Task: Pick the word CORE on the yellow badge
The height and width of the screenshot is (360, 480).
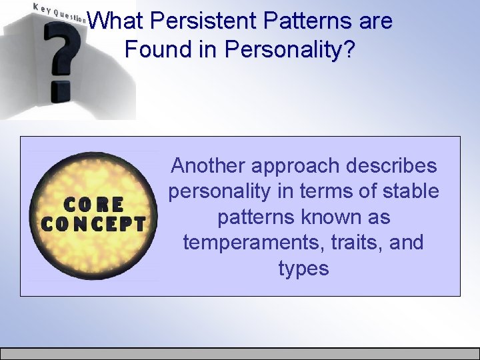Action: coord(93,204)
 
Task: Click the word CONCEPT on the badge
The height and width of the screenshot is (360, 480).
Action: coord(93,224)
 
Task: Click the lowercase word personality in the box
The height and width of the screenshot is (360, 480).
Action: coord(220,191)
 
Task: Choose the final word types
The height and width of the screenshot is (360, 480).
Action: coord(304,269)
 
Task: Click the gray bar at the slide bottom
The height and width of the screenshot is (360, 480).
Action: coord(240,353)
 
